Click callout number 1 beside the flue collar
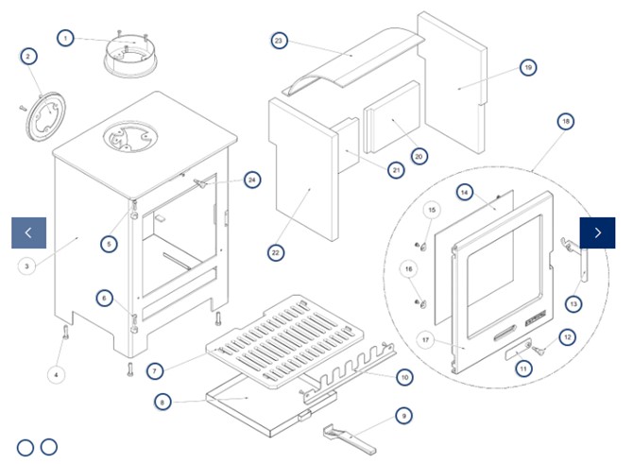coord(64,38)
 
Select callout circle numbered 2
coord(28,57)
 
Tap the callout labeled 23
coord(279,41)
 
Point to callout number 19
coord(528,67)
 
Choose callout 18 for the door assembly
coord(565,122)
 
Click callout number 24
coord(250,179)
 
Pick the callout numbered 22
coord(276,252)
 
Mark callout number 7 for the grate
coord(155,369)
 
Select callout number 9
coord(403,415)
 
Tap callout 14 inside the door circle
coord(464,192)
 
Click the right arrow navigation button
coord(597,232)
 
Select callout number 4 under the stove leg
coord(56,374)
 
